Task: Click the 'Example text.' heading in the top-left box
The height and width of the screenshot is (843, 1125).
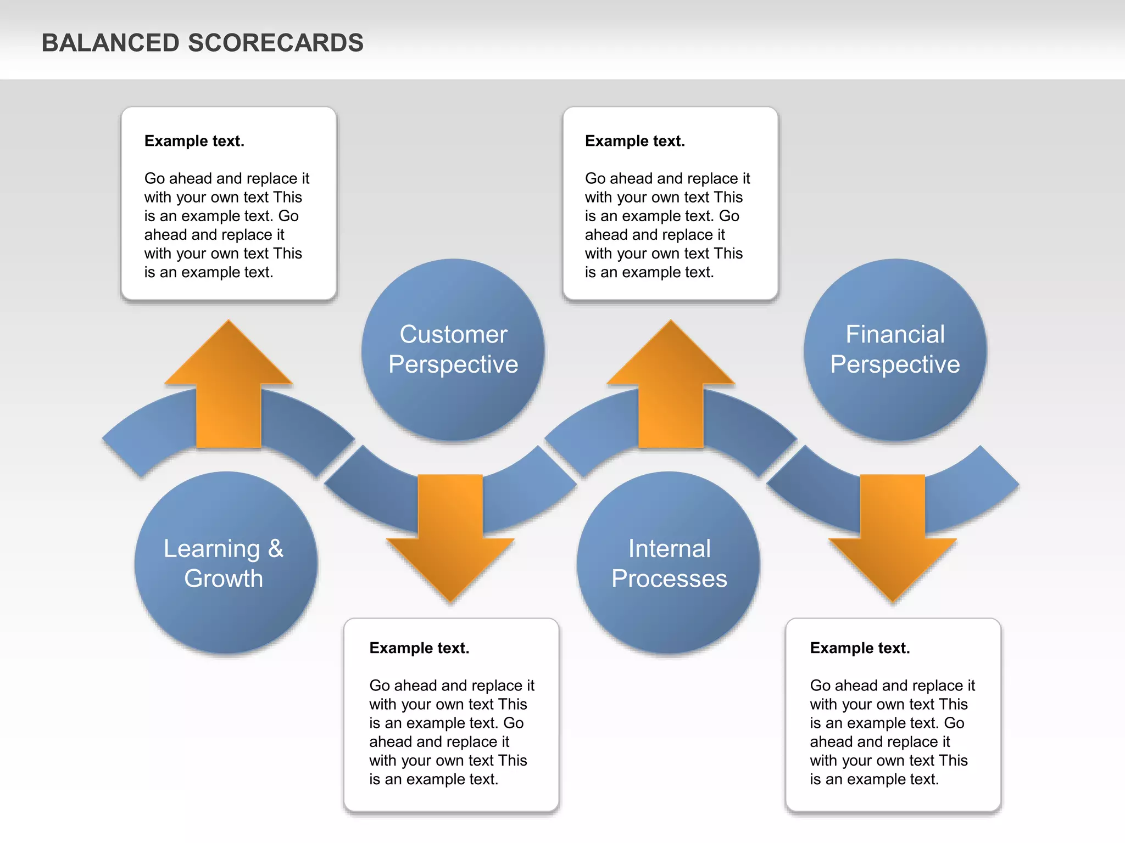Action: tap(194, 141)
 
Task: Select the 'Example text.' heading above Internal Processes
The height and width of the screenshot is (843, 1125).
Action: tap(635, 141)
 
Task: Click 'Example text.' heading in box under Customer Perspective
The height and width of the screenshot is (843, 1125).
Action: tap(419, 648)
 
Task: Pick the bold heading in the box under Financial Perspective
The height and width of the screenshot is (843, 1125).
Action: tap(860, 648)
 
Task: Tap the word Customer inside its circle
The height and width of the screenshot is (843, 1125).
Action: tap(453, 334)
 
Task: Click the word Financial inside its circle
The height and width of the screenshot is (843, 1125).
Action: tap(895, 334)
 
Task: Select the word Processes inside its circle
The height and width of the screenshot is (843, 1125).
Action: tap(669, 578)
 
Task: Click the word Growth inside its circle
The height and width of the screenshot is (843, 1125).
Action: tap(224, 578)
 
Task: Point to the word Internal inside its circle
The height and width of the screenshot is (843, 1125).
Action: tap(669, 549)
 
